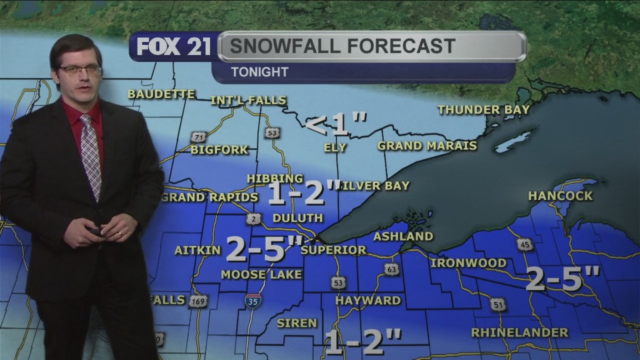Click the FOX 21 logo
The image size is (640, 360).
click(173, 47)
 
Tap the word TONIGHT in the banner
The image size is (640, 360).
click(259, 72)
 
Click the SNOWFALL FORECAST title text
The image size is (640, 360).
click(341, 46)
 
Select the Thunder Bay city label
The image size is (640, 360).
click(483, 109)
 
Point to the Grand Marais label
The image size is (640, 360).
click(427, 146)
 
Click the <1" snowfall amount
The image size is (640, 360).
click(336, 124)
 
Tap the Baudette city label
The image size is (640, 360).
click(161, 94)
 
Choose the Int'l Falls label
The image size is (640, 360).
click(248, 100)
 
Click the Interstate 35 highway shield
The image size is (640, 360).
click(253, 299)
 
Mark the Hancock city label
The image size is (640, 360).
click(560, 196)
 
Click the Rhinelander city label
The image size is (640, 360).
click(519, 332)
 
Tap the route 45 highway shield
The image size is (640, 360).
click(525, 244)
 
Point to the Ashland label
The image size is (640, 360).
click(403, 236)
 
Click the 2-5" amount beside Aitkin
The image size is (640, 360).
click(264, 248)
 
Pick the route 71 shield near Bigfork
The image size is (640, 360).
click(199, 137)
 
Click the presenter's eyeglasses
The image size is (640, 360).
click(79, 69)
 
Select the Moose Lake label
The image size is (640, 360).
click(261, 274)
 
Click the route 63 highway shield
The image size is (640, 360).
click(391, 269)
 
